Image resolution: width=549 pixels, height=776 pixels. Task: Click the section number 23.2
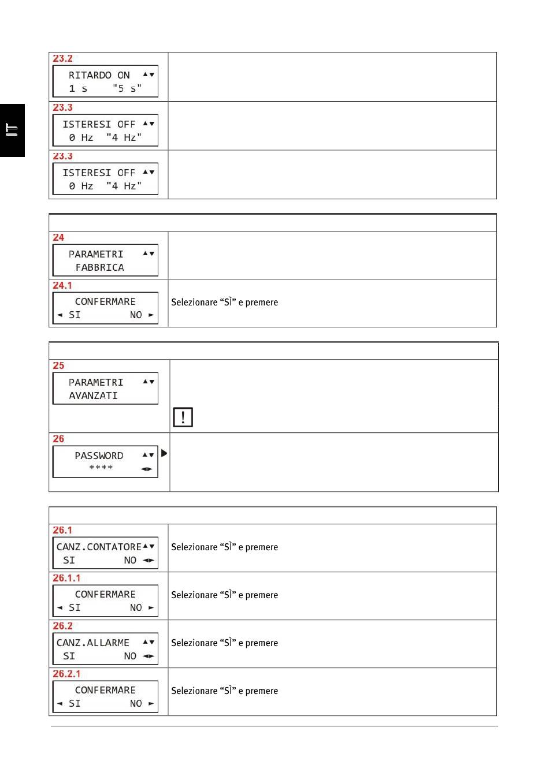[x=63, y=58]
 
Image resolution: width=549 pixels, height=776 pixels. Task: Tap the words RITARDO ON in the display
[x=99, y=75]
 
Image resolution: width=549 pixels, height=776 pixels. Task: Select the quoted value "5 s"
[x=127, y=88]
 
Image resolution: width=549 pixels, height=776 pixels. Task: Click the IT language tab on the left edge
[x=12, y=130]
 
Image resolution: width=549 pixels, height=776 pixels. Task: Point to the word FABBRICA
[x=99, y=267]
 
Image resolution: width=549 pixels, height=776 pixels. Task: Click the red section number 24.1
[x=62, y=285]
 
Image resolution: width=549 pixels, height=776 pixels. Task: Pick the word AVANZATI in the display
[x=93, y=396]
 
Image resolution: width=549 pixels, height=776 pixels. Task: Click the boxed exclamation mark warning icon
[x=183, y=417]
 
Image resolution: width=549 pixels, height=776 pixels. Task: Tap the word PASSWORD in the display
[x=99, y=456]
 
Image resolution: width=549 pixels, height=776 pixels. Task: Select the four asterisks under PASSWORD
[x=101, y=468]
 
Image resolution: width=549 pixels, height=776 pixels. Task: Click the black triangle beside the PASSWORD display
[x=164, y=453]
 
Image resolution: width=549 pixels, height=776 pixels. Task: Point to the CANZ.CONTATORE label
[x=99, y=547]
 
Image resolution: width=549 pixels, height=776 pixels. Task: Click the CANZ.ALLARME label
[x=93, y=643]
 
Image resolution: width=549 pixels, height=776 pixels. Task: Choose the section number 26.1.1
[x=67, y=578]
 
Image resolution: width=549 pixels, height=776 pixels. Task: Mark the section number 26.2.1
[x=67, y=674]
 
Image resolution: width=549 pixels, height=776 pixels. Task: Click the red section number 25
[x=58, y=365]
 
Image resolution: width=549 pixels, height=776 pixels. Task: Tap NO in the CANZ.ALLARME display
[x=130, y=656]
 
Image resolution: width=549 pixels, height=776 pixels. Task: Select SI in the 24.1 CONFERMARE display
[x=75, y=315]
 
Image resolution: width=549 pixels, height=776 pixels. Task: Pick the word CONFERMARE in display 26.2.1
[x=105, y=690]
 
